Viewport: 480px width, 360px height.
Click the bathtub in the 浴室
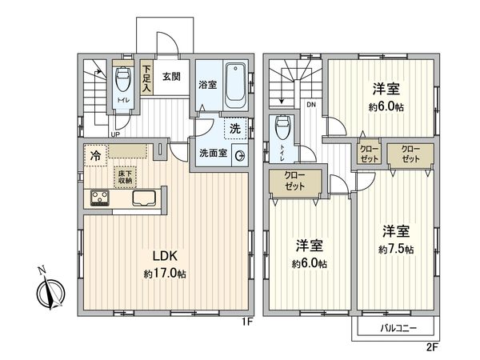pos(235,86)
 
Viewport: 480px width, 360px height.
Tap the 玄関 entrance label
pos(171,77)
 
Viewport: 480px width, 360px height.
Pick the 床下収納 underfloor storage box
pos(125,177)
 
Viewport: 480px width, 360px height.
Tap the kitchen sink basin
pos(144,198)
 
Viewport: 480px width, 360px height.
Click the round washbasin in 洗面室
pos(238,157)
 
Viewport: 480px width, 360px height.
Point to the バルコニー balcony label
pos(394,328)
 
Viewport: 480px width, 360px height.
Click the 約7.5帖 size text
pos(397,250)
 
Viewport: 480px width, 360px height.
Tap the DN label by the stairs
pos(312,105)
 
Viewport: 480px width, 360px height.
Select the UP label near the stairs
pos(115,134)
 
